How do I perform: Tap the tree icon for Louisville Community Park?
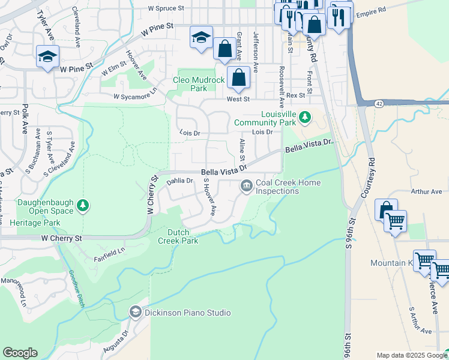306,116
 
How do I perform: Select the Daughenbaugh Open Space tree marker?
83,207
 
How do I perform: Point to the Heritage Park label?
35,223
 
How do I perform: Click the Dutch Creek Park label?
178,236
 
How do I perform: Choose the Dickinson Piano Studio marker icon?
135,312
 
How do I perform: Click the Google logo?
20,353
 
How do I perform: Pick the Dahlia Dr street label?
179,181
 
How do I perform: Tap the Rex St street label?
296,95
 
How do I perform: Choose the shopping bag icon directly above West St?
238,77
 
